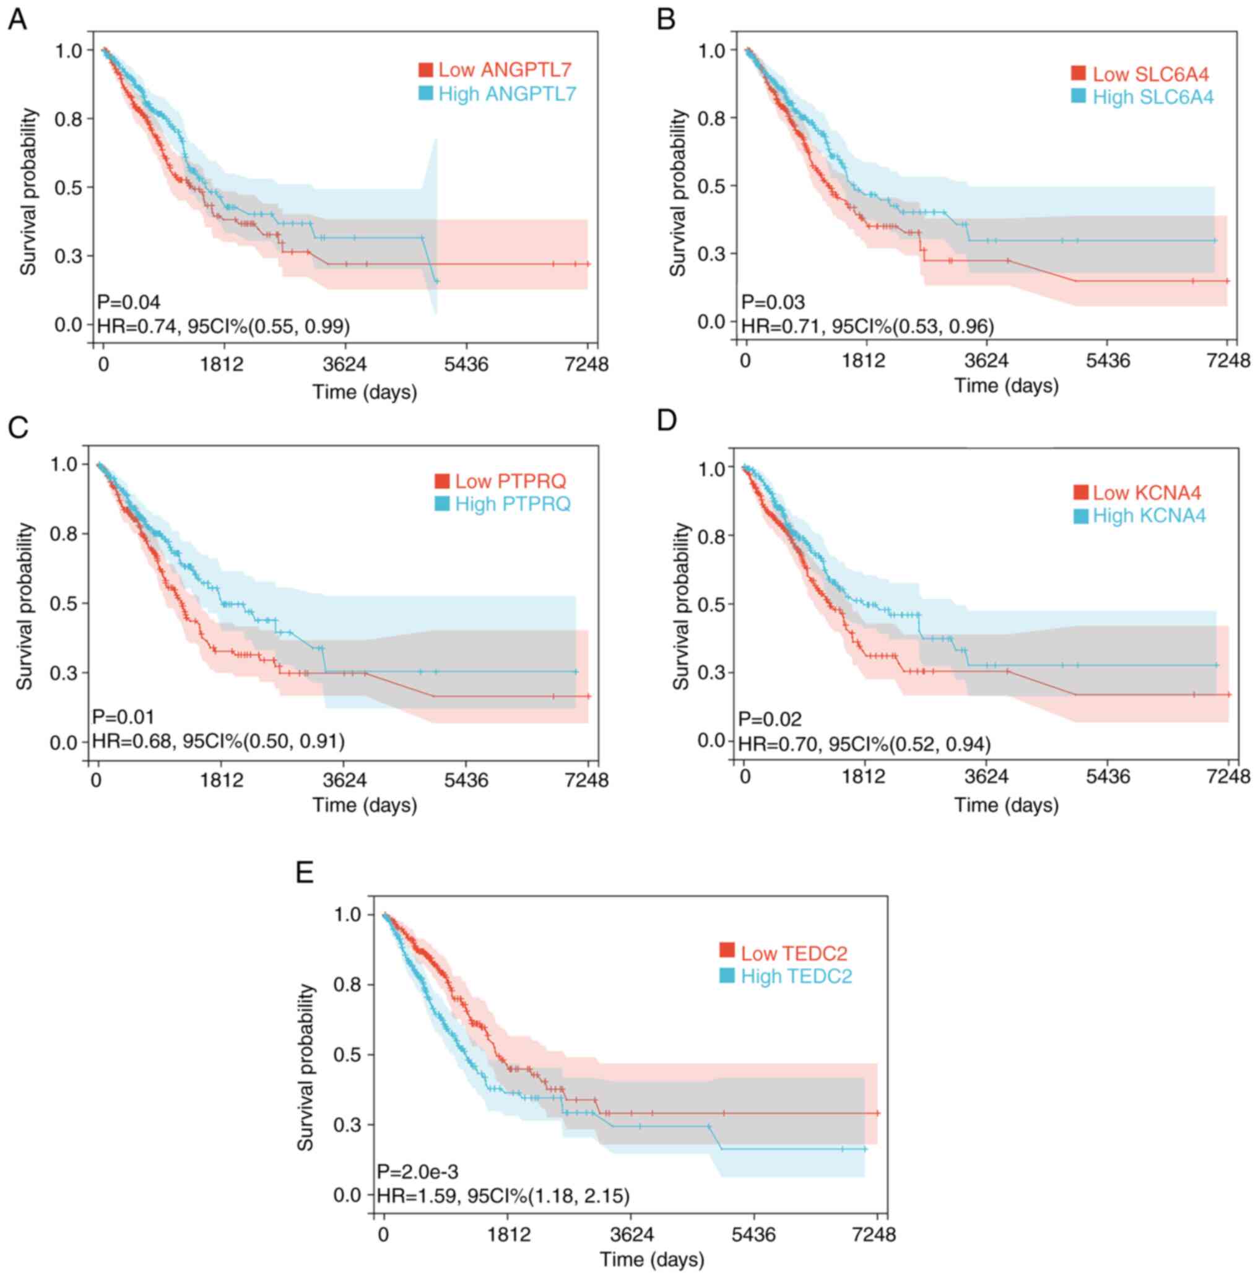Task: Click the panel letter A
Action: click(17, 20)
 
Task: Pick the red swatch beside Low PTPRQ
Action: click(442, 481)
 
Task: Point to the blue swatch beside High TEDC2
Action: click(727, 975)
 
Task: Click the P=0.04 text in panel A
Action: click(129, 303)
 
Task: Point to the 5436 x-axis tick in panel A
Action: click(466, 364)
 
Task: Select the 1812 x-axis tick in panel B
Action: click(865, 361)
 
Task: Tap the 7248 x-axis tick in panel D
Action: click(1228, 776)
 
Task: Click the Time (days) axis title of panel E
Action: click(652, 1259)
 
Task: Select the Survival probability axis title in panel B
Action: click(679, 194)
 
